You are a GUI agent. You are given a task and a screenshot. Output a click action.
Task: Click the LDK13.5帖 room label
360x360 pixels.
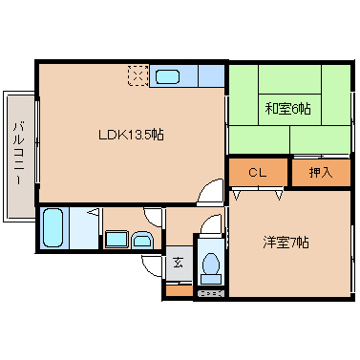point(131,135)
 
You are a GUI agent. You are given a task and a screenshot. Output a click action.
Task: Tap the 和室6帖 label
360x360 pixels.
point(287,109)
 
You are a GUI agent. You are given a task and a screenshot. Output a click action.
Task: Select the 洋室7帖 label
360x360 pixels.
point(286,243)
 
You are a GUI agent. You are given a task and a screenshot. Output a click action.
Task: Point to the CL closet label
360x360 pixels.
point(257,173)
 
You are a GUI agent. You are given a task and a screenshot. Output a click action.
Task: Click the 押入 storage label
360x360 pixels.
point(321,173)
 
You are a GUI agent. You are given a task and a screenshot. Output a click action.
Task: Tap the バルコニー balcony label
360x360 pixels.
point(19,153)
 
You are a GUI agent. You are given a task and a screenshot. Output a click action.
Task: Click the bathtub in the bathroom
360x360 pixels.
point(53,227)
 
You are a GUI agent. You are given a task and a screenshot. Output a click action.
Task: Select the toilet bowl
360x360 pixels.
point(210,264)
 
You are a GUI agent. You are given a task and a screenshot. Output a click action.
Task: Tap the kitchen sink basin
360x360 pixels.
point(167,76)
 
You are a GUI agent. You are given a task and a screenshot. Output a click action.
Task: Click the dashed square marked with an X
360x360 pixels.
point(138,75)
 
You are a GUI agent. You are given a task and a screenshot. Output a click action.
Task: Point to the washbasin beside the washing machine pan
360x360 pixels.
point(142,240)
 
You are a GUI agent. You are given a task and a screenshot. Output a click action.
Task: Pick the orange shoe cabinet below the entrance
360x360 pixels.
point(180,291)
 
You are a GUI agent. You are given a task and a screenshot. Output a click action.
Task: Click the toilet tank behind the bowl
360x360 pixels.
point(210,280)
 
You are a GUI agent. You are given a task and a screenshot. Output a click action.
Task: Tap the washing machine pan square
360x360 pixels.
point(116,240)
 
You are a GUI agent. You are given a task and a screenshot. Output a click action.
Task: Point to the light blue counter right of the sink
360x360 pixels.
point(211,75)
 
